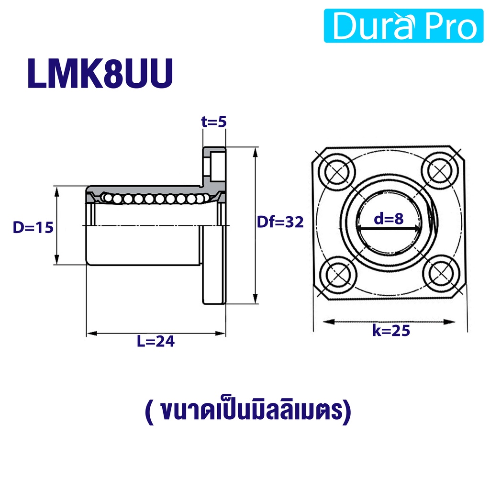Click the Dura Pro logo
[x=403, y=26]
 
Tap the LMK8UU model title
[x=100, y=74]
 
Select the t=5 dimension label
[x=214, y=122]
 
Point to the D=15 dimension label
[x=33, y=227]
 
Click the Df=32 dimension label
[x=280, y=222]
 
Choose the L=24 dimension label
[x=156, y=341]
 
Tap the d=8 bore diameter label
[x=389, y=219]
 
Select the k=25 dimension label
[x=391, y=330]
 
